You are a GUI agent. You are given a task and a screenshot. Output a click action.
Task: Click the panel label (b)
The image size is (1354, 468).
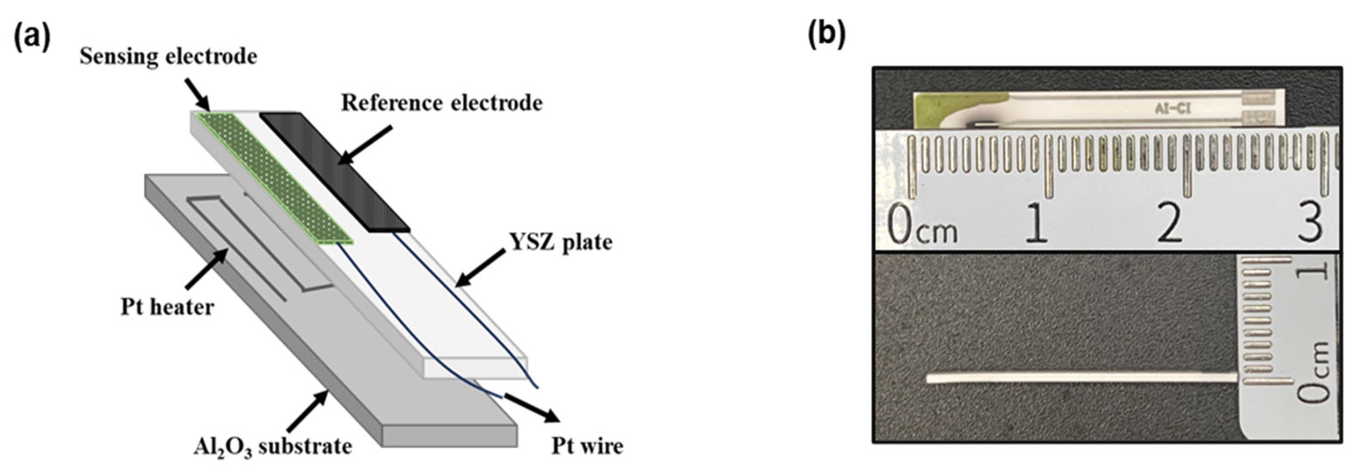pyautogui.click(x=826, y=35)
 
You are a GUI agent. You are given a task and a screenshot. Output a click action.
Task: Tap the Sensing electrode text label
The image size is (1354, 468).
pyautogui.click(x=168, y=56)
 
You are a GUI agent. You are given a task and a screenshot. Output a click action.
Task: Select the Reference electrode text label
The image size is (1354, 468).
pyautogui.click(x=441, y=103)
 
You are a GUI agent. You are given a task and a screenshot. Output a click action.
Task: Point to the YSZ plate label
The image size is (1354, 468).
pyautogui.click(x=561, y=242)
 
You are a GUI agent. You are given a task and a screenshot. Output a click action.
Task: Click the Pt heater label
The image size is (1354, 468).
pyautogui.click(x=167, y=307)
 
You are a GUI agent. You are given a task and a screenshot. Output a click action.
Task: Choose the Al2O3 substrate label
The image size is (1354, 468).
pyautogui.click(x=272, y=447)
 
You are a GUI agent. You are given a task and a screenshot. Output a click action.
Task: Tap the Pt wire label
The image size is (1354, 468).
pyautogui.click(x=587, y=447)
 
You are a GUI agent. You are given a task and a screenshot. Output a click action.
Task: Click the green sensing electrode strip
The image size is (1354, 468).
pyautogui.click(x=273, y=178)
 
